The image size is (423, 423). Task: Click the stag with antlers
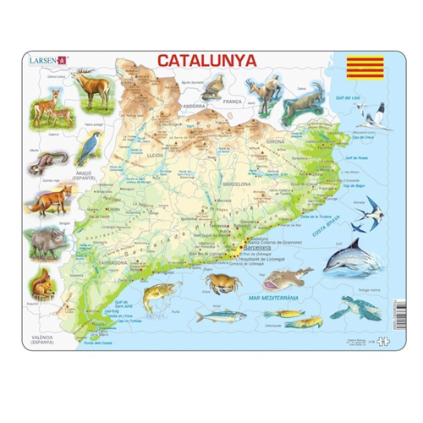click(x=93, y=86)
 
